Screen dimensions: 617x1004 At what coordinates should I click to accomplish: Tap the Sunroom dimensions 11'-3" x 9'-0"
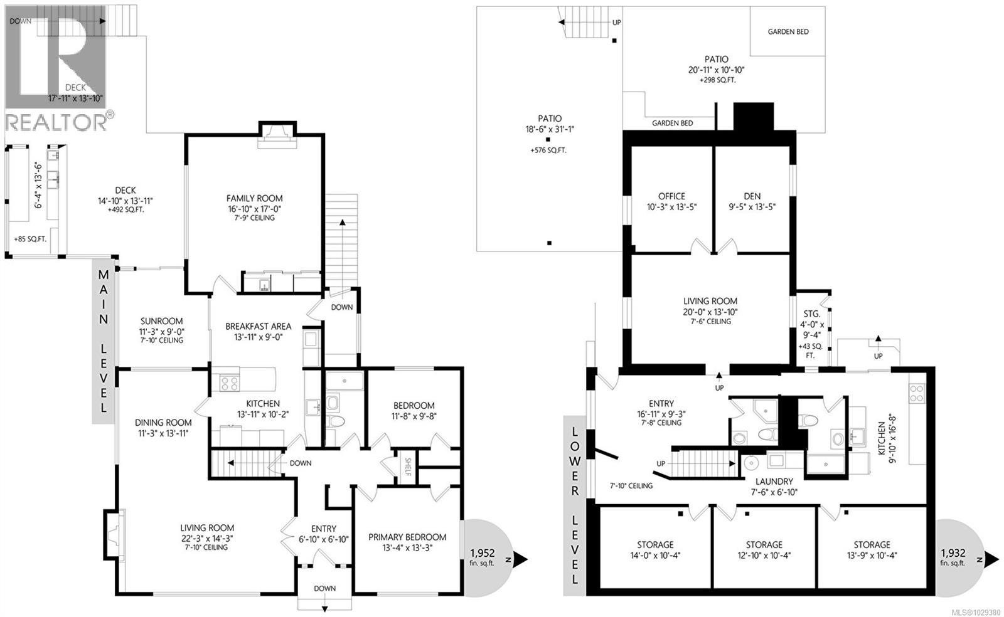point(161,331)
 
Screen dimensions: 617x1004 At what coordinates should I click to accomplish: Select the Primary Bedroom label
point(407,537)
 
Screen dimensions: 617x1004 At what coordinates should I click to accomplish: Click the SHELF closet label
point(407,467)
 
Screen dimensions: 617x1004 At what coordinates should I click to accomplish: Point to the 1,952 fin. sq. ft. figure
point(483,554)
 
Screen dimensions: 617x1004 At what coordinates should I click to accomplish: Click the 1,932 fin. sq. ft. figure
point(953,554)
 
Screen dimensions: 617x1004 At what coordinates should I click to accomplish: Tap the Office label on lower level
point(671,196)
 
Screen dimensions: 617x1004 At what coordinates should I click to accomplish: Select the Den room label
point(751,196)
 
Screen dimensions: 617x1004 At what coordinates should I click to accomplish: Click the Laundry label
point(774,482)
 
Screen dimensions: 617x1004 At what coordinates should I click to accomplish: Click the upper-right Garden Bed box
point(788,31)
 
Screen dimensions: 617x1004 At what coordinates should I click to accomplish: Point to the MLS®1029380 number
point(976,612)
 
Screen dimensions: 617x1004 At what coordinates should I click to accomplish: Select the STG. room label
point(811,314)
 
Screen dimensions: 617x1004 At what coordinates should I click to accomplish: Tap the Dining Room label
point(162,422)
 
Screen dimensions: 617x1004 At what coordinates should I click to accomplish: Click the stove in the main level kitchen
point(227,383)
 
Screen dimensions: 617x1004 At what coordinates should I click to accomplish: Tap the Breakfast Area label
point(258,326)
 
